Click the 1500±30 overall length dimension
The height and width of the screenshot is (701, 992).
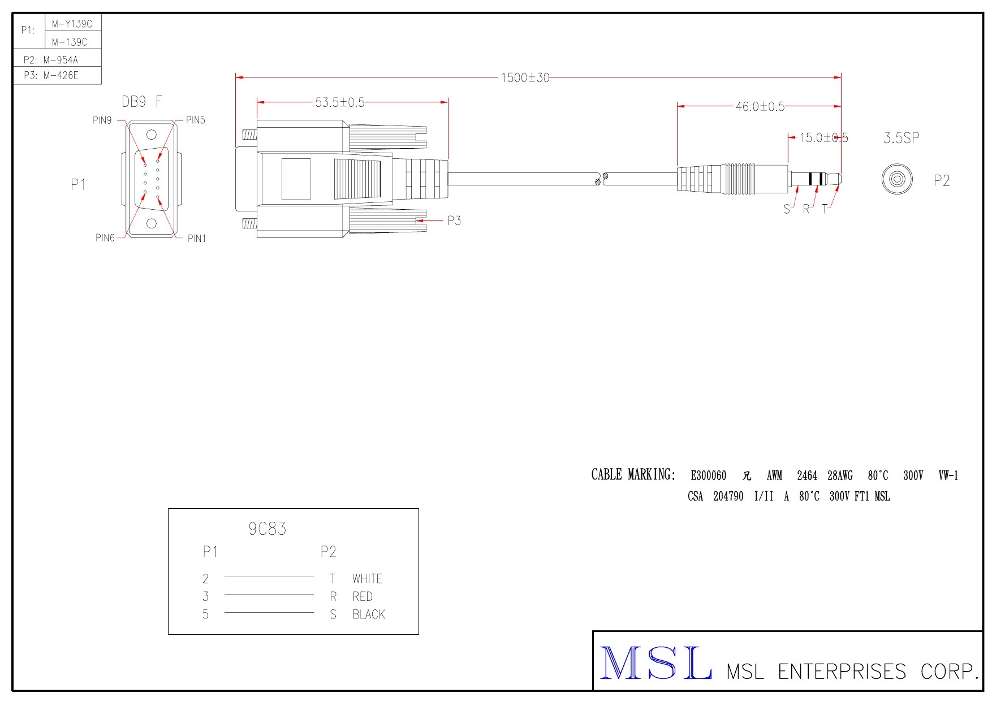coord(525,77)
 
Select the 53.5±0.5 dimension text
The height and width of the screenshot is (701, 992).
coord(340,102)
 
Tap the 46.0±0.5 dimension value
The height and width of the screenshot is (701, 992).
coord(760,106)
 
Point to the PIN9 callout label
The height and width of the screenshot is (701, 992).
coord(102,120)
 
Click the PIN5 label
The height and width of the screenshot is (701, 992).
coord(196,120)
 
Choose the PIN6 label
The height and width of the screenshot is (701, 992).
coord(105,238)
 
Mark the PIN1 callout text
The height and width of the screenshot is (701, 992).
coord(197,239)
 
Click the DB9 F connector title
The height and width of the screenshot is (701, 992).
coord(142,102)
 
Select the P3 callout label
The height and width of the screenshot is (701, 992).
coord(454,220)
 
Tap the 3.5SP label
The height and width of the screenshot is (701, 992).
coord(902,138)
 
